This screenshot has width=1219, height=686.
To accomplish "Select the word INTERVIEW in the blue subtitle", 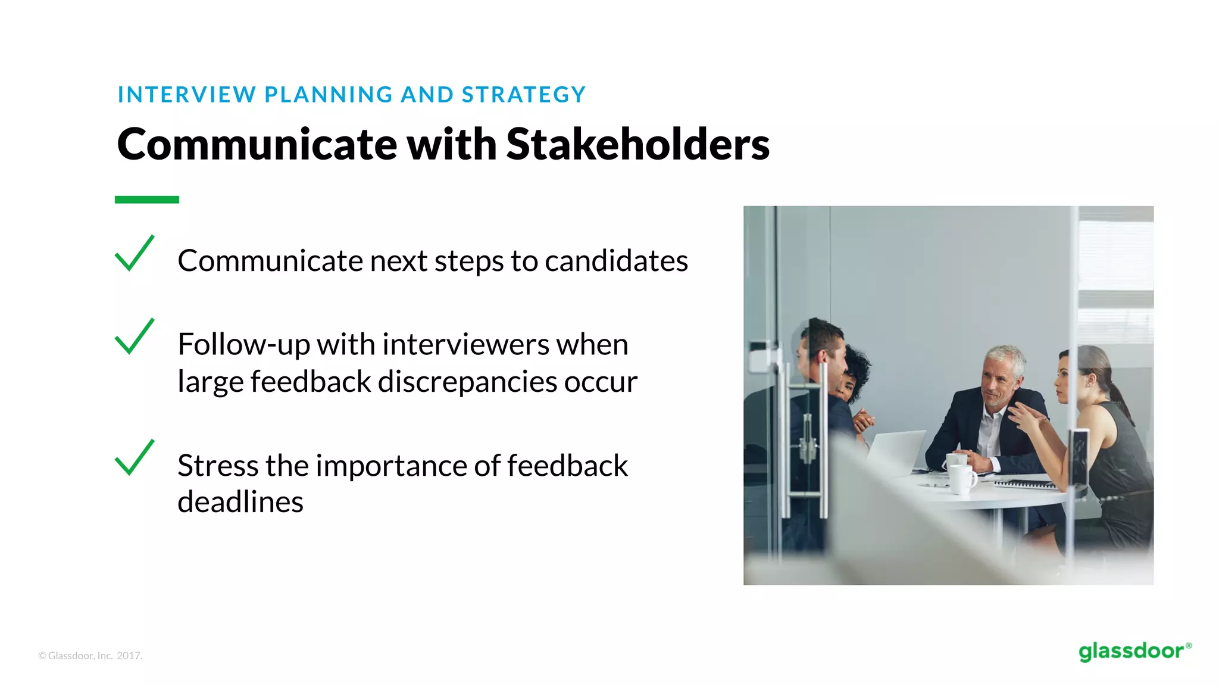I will (186, 95).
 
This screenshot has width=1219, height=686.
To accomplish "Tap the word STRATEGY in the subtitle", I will (524, 95).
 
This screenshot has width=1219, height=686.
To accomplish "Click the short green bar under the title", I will (146, 199).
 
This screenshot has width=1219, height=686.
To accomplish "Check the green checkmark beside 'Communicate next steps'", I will (135, 254).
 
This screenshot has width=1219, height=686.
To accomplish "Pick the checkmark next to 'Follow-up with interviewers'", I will (135, 337).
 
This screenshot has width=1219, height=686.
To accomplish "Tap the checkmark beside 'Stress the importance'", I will (135, 458).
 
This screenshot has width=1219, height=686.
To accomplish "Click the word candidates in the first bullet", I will (616, 261).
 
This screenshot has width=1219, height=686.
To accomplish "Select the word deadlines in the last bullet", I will (240, 502).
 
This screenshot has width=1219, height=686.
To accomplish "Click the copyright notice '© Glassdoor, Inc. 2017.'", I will (90, 656).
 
